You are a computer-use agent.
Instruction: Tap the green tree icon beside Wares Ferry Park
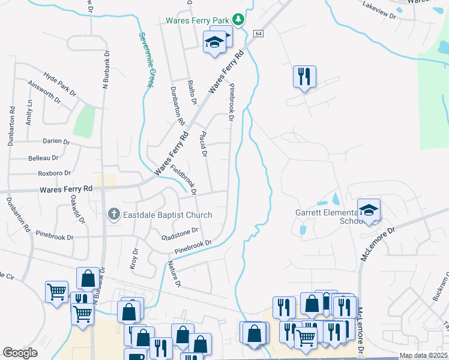coord(239,20)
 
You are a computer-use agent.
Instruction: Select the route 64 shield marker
coord(258,34)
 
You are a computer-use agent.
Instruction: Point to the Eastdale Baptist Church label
coord(167,215)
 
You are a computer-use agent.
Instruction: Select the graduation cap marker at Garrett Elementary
coord(369,209)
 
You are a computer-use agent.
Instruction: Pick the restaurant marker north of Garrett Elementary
coord(304,76)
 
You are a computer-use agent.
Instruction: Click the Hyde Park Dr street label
coord(59,85)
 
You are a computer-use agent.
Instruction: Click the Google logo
coord(20,353)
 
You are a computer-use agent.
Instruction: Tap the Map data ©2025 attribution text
coord(423,355)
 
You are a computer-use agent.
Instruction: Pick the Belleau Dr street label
coord(43,158)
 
